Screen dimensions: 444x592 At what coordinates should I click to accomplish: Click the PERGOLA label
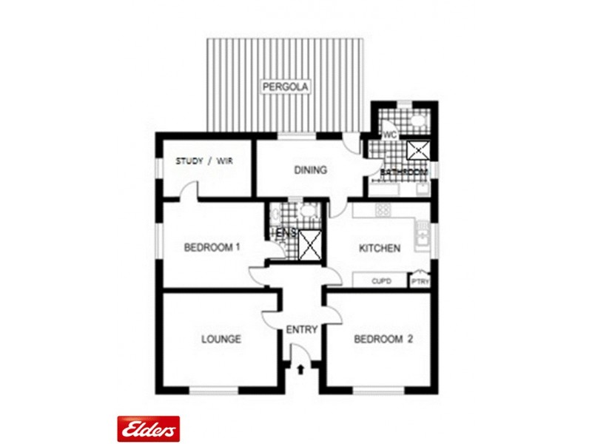pyautogui.click(x=286, y=87)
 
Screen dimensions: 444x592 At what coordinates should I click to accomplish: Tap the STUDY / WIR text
pyautogui.click(x=203, y=161)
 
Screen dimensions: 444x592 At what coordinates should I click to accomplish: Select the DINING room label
pyautogui.click(x=310, y=170)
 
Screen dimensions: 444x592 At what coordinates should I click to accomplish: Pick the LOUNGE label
pyautogui.click(x=221, y=340)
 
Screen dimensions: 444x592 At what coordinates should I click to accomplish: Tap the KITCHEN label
pyautogui.click(x=380, y=248)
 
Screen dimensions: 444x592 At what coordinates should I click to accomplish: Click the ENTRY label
pyautogui.click(x=302, y=329)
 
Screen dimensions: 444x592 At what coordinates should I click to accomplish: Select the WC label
pyautogui.click(x=390, y=135)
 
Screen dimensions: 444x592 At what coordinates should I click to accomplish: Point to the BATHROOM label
pyautogui.click(x=404, y=172)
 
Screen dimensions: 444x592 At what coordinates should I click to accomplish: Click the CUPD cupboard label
pyautogui.click(x=381, y=281)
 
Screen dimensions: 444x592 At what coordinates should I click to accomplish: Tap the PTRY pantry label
pyautogui.click(x=420, y=281)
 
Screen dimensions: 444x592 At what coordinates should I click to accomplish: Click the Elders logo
pyautogui.click(x=148, y=428)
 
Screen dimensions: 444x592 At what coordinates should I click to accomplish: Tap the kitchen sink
pyautogui.click(x=421, y=235)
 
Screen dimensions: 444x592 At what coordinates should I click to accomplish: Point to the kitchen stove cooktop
pyautogui.click(x=382, y=210)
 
